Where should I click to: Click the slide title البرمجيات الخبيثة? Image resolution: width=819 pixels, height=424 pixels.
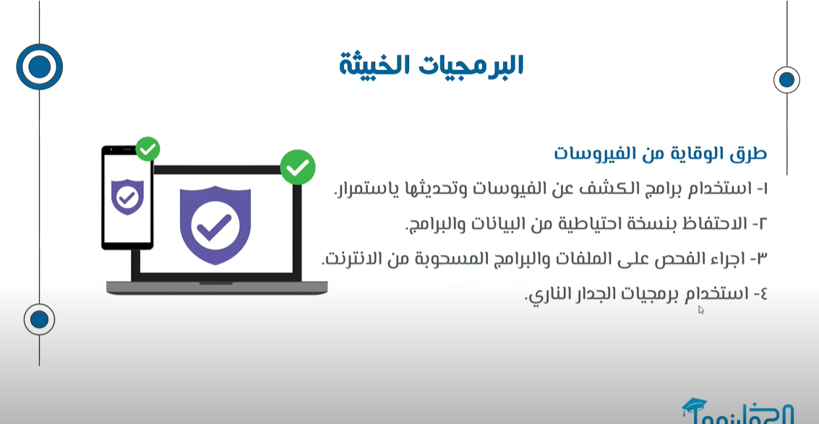pos(431,65)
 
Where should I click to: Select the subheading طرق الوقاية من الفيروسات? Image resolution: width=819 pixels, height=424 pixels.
pos(660,154)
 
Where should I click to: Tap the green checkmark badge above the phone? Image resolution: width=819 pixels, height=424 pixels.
pos(147,150)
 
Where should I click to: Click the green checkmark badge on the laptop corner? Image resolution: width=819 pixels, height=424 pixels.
pos(298,167)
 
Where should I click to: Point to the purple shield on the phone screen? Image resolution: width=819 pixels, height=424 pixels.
pos(127,196)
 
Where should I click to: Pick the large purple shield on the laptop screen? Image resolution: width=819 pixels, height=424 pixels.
pos(215,225)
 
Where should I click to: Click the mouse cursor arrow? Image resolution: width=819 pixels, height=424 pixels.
pos(701,310)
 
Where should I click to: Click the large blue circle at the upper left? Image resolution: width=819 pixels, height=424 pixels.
pos(39,67)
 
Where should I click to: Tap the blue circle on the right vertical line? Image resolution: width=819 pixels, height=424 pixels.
pos(786,80)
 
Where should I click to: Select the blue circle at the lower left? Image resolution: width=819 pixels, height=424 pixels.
pos(39,319)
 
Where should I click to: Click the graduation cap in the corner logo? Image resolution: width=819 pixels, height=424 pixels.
pos(694,405)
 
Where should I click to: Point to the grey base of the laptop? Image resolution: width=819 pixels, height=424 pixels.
pos(217,287)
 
